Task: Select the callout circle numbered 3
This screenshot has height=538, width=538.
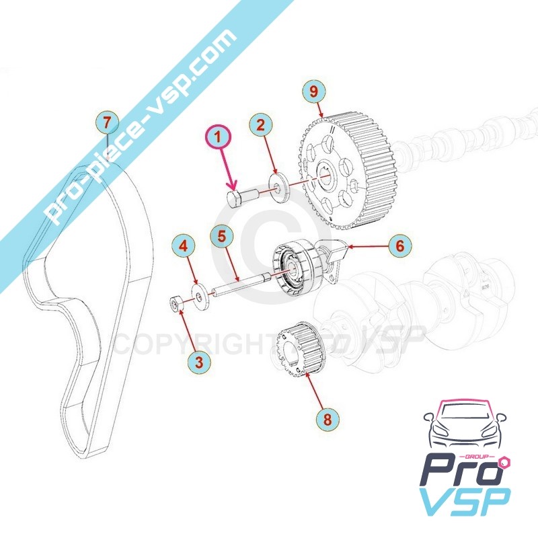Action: point(199,362)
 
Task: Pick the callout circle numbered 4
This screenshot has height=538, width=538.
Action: point(183,245)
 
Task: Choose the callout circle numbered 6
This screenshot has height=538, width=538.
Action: point(399,246)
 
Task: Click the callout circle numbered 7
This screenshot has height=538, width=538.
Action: point(106,122)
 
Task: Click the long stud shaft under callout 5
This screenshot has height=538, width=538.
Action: point(239,285)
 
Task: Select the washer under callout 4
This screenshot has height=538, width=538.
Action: point(199,297)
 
